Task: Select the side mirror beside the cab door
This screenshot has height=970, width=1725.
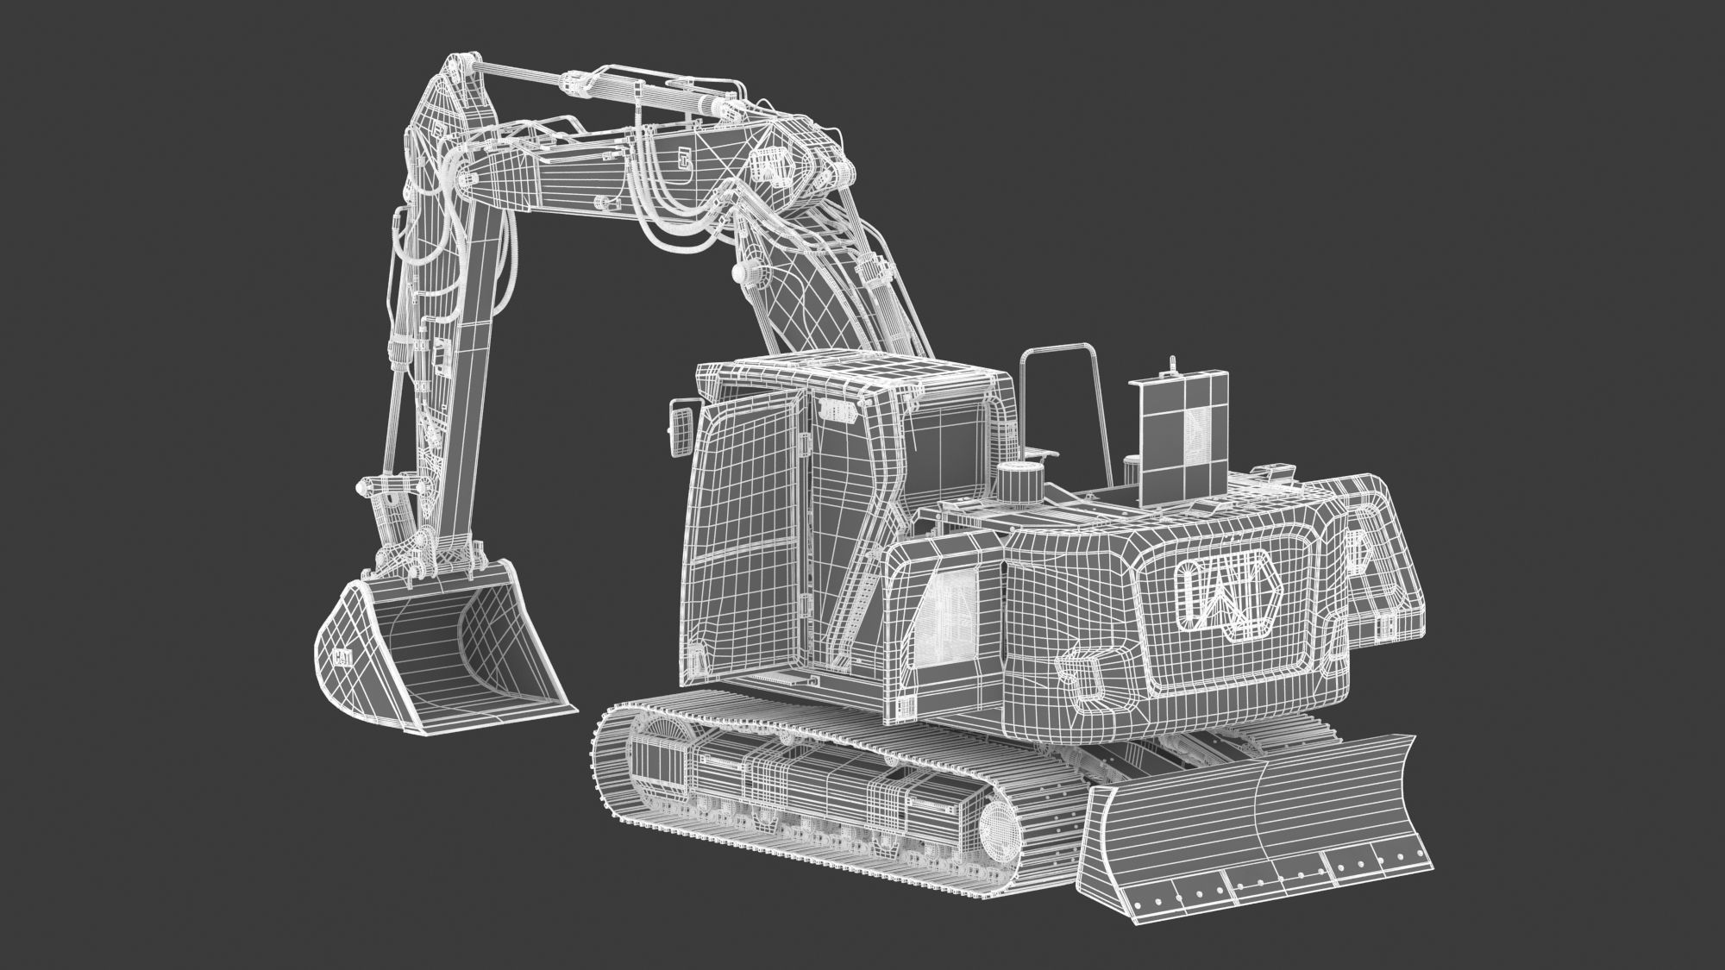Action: click(x=680, y=428)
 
